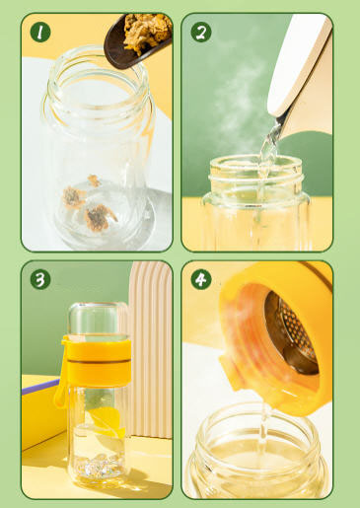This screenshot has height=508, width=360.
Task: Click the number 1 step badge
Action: [x=40, y=33]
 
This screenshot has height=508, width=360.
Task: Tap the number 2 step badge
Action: [x=201, y=33]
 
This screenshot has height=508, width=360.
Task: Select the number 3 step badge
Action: [x=40, y=280]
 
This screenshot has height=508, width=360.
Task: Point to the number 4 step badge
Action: [x=201, y=280]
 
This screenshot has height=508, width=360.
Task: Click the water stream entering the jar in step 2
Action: [x=264, y=158]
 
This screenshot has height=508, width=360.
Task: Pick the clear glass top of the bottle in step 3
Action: [x=98, y=319]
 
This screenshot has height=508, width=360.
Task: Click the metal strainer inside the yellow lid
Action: [x=297, y=336]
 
